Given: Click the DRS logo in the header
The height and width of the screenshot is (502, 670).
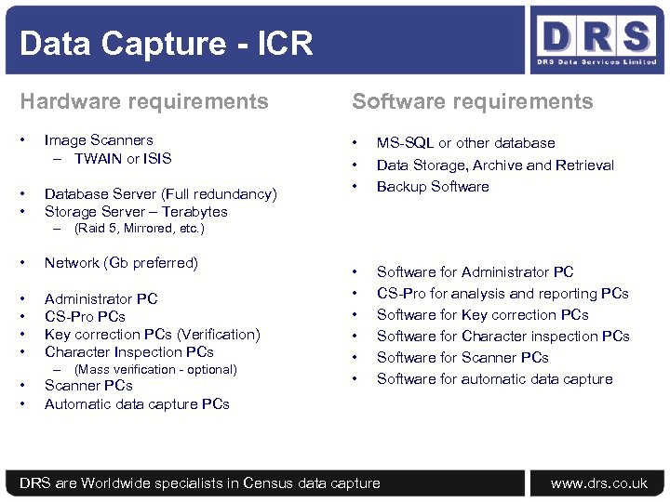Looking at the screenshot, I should coord(595,41).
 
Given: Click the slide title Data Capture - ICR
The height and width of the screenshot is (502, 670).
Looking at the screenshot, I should coord(166,43).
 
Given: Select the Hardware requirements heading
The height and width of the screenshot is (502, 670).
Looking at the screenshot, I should coord(144,101).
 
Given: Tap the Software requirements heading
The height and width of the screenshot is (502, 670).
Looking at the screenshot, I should coord(472,101).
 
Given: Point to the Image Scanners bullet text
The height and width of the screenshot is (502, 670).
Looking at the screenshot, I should coord(99,140).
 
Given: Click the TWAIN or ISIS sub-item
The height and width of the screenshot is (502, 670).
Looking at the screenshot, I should coord(123,158).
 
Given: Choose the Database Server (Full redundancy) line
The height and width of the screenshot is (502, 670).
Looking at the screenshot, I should coord(160,194).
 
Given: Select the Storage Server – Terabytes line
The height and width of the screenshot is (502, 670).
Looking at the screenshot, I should coord(136,212).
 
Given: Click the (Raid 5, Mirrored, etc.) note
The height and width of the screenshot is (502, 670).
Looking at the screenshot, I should coord(139,228).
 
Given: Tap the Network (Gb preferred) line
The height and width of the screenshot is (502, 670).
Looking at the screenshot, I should coord(121,263).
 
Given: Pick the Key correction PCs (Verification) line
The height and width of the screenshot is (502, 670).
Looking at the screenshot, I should coord(152,335).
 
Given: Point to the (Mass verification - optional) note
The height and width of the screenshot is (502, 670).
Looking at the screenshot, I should coord(155,369).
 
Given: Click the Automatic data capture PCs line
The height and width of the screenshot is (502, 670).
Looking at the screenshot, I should coord(137,404).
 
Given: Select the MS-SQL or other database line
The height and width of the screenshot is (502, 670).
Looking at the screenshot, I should coord(465,143).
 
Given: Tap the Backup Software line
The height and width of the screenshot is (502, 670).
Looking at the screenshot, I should coord(433,187).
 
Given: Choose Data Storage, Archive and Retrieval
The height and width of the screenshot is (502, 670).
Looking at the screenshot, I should coord(495,165).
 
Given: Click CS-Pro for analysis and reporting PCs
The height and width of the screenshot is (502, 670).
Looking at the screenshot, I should coord(502,294).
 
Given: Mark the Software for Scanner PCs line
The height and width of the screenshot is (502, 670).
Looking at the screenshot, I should coord(462,358).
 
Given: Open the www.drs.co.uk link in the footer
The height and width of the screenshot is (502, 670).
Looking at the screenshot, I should coord(599,483).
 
